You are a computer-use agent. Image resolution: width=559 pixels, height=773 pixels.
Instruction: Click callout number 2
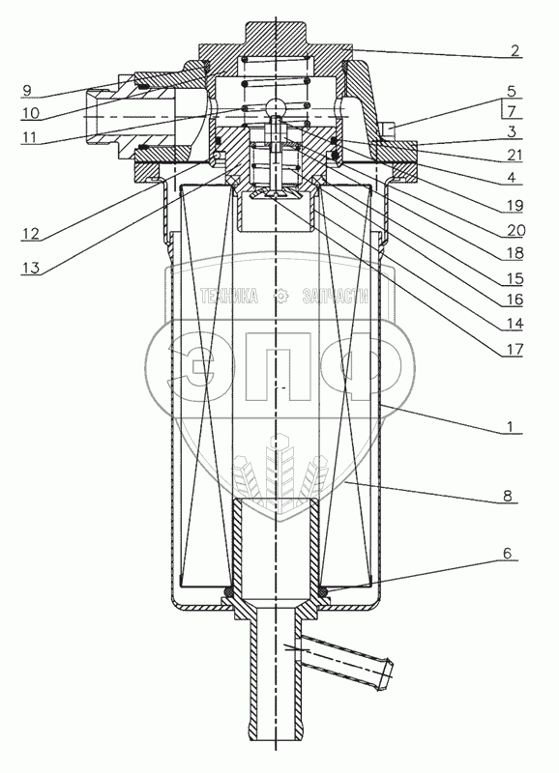click(515, 50)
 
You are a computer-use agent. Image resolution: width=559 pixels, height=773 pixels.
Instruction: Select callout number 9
click(27, 90)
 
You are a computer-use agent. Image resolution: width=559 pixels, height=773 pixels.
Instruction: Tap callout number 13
click(30, 268)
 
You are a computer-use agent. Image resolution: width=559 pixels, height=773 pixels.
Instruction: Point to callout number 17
click(514, 350)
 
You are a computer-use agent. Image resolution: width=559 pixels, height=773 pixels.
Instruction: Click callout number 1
click(513, 426)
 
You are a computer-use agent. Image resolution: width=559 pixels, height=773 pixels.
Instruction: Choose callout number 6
click(508, 553)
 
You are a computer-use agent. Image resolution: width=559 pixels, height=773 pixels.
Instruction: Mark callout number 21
click(514, 155)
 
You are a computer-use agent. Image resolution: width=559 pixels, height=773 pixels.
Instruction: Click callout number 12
click(30, 233)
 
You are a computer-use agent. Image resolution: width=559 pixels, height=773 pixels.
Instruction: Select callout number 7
click(512, 111)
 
